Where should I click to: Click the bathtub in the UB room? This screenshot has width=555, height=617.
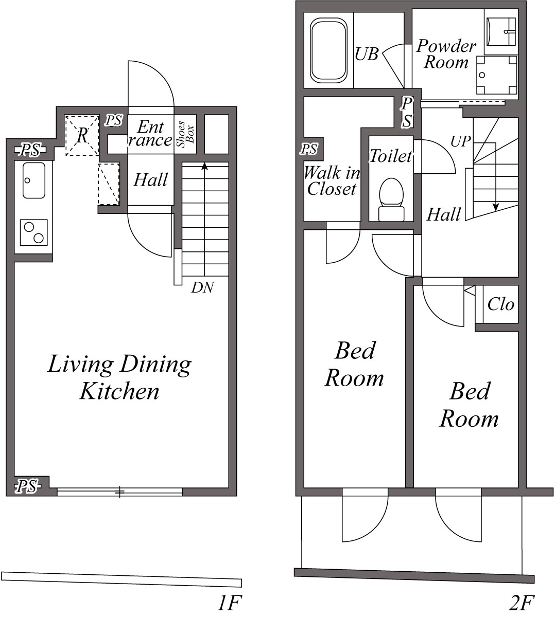(329, 50)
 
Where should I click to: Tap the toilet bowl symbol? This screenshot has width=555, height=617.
(391, 199)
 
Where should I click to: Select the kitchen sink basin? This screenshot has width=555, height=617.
(34, 180)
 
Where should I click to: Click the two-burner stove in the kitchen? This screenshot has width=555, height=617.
(34, 232)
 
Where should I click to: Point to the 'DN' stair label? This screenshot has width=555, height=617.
(202, 287)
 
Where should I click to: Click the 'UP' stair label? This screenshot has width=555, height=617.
(460, 141)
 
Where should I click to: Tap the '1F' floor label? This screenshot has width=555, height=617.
(230, 603)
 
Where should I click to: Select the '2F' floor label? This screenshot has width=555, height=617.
(522, 603)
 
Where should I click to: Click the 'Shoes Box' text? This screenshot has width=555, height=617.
(185, 134)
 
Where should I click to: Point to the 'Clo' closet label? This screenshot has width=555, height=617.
(501, 304)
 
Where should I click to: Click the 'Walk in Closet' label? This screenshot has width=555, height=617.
(332, 181)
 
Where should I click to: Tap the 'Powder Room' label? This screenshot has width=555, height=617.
(446, 54)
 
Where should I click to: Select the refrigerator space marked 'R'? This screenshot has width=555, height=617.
(82, 136)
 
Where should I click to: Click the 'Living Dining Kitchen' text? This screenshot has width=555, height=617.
(119, 377)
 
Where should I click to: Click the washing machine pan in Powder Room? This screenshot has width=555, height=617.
(497, 75)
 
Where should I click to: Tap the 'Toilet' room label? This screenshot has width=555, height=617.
(391, 156)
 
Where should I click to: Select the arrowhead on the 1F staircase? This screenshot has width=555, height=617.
(204, 166)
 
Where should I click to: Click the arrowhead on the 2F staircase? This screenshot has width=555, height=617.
(496, 207)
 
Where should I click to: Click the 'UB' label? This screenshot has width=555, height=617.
(367, 54)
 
